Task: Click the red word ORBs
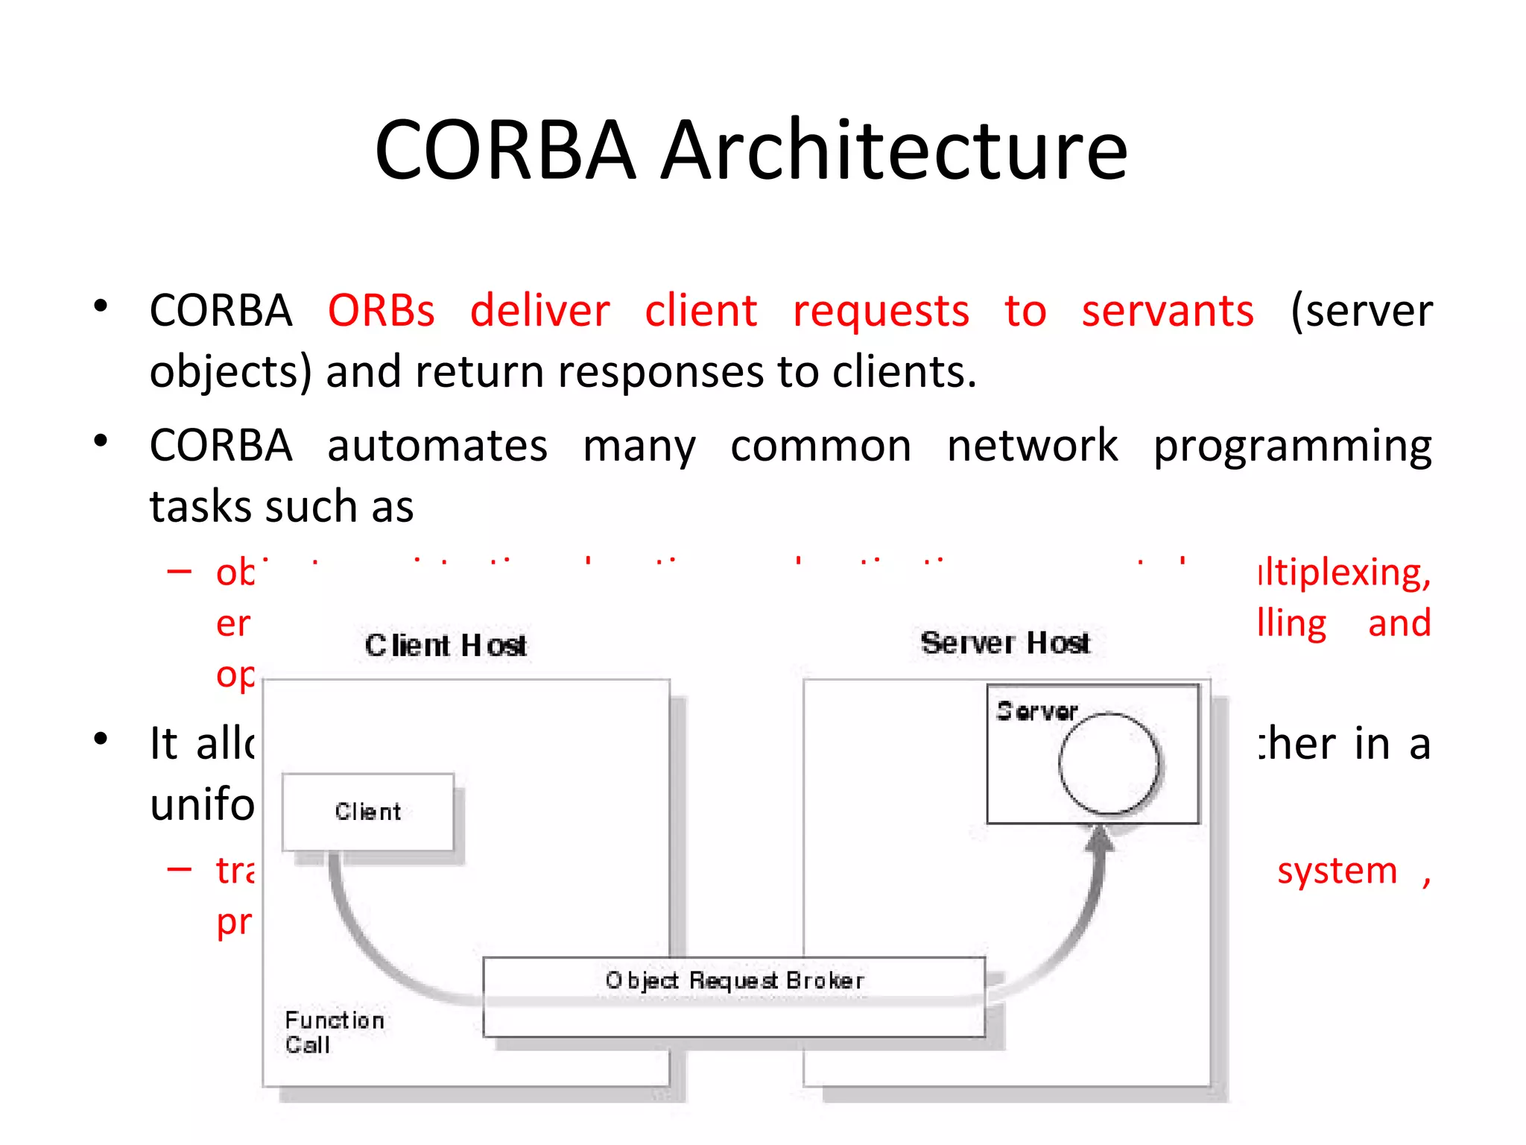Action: pos(381,311)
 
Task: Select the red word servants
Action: pos(1168,311)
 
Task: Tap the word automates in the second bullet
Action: pos(437,447)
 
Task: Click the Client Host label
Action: pos(446,646)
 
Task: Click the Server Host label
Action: pos(1004,643)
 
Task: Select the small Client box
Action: pos(368,812)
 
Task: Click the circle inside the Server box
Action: pos(1109,763)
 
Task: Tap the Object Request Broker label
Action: pos(735,980)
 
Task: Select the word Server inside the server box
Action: pos(1036,711)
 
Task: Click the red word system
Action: pos(1337,871)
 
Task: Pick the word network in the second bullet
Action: pos(1032,447)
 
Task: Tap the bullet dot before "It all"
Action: pos(101,739)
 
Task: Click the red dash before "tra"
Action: pos(180,869)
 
